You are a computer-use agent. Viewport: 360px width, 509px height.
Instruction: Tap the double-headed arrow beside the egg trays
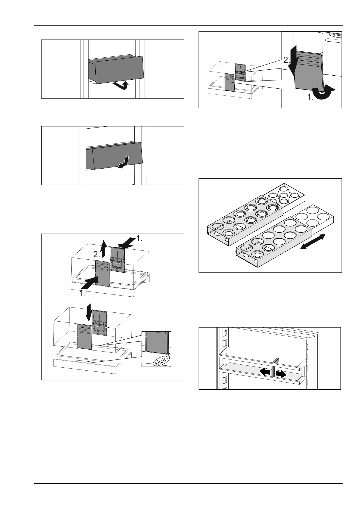pyautogui.click(x=313, y=241)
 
